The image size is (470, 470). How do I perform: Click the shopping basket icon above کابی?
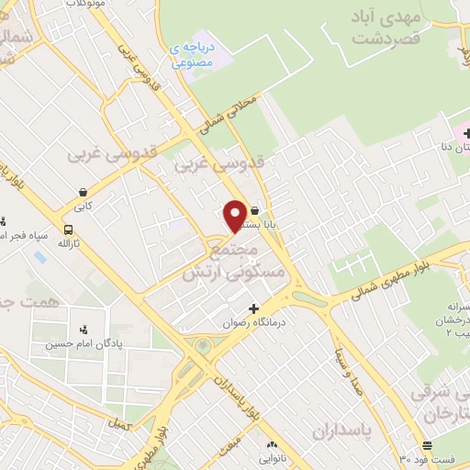pyautogui.click(x=84, y=193)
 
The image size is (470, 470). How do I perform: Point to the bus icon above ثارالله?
pyautogui.click(x=68, y=229)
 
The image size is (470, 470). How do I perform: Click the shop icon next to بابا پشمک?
pyautogui.click(x=254, y=210)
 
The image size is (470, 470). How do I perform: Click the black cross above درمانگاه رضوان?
pyautogui.click(x=254, y=308)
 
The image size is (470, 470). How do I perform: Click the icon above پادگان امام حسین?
pyautogui.click(x=84, y=330)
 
